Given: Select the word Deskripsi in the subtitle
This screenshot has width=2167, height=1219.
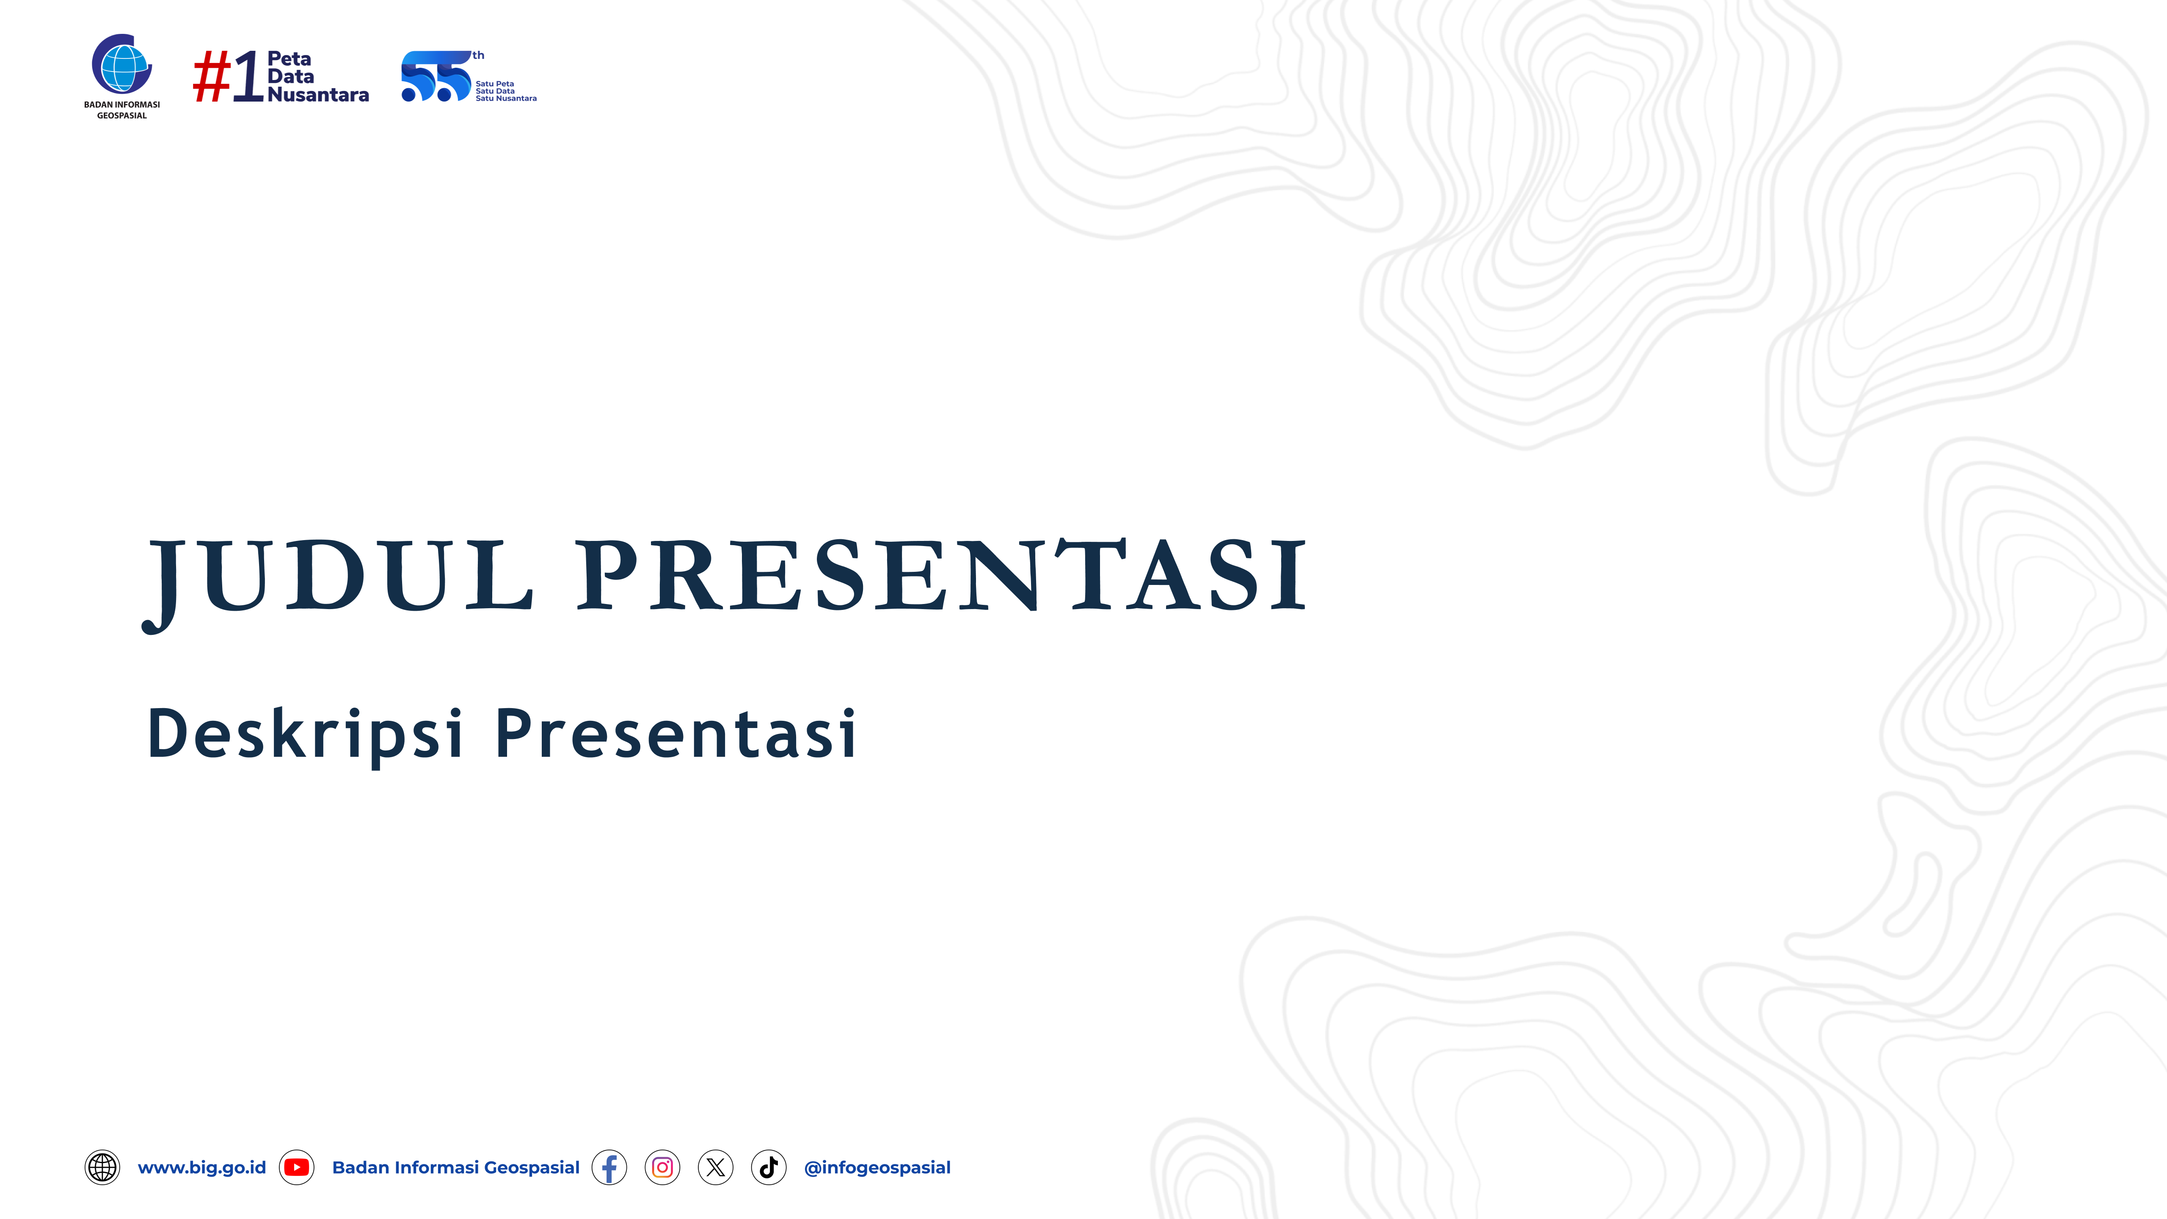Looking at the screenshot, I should [x=305, y=734].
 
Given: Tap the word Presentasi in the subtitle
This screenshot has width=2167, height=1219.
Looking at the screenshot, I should [x=675, y=734].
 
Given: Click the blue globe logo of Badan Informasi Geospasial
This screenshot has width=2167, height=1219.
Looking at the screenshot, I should [x=122, y=65].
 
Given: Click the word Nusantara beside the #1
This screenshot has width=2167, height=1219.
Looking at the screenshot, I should [x=318, y=95].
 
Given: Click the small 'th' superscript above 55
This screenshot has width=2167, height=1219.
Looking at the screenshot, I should [x=478, y=55].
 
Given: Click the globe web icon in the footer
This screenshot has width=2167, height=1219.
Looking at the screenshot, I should [x=102, y=1168].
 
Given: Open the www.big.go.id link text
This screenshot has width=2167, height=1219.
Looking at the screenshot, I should [x=202, y=1168].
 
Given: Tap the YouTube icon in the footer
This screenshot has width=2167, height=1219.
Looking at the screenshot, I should [x=296, y=1168].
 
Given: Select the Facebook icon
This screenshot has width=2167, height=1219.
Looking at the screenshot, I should [x=609, y=1168].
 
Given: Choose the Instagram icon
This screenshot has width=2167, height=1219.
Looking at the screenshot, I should [x=662, y=1168].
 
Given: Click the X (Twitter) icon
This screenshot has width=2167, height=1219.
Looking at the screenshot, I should [x=715, y=1168].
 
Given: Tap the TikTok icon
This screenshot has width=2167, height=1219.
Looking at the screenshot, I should [x=768, y=1168].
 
